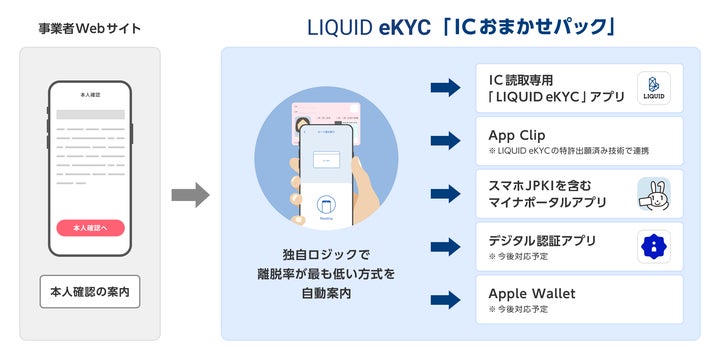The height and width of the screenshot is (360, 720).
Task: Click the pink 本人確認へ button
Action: click(90, 228)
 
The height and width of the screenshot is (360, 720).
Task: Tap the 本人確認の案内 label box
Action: click(90, 293)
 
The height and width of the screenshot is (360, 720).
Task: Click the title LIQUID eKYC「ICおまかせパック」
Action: click(460, 26)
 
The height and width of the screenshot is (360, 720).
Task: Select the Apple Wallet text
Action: click(532, 293)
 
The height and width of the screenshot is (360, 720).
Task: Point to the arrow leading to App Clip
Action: click(445, 141)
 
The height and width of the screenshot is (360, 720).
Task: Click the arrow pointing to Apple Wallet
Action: click(445, 299)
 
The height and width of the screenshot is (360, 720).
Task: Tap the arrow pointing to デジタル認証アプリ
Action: click(445, 246)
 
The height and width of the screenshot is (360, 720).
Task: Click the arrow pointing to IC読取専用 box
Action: click(445, 88)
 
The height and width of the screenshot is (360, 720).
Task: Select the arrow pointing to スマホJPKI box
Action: click(445, 193)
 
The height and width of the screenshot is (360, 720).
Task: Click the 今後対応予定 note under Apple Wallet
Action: click(519, 309)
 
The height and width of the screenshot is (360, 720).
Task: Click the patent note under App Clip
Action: click(568, 151)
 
